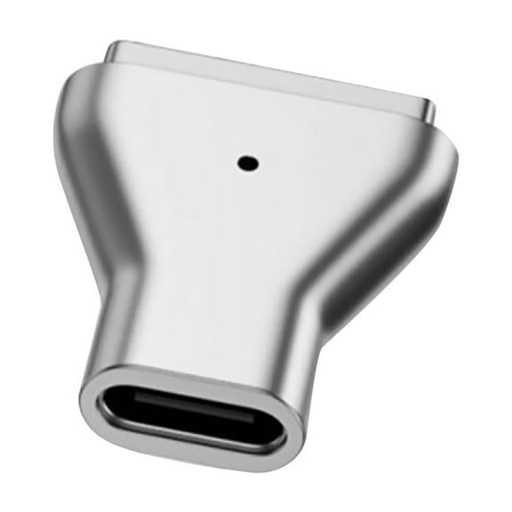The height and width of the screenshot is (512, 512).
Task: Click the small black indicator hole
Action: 246,163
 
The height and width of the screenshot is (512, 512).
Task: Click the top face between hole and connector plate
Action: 253,120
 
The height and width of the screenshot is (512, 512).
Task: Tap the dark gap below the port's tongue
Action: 191,428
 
